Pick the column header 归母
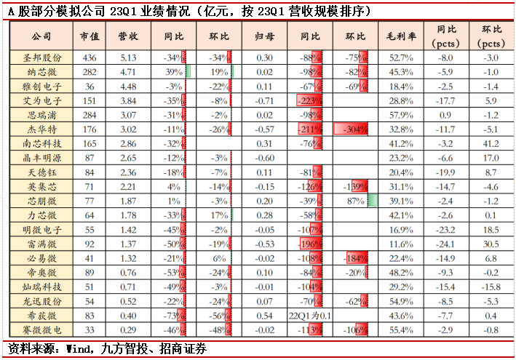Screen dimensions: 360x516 tap(265, 36)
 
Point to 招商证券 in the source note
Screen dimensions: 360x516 tap(185, 348)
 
